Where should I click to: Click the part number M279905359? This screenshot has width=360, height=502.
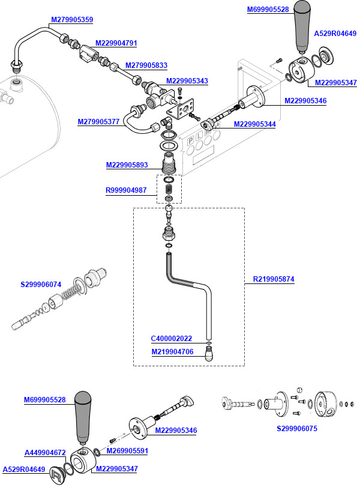point(71,20)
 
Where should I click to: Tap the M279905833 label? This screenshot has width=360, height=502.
point(146,65)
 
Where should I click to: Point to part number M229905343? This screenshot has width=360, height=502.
point(187,81)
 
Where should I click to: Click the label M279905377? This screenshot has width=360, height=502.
point(98,122)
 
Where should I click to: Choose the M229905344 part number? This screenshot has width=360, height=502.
point(254,124)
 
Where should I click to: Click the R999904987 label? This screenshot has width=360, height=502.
point(126,190)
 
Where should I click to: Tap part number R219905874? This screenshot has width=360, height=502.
point(274,279)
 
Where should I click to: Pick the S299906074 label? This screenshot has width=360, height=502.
point(41,285)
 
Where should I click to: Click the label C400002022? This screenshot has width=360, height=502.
point(172,339)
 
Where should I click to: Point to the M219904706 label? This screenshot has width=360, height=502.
point(172,352)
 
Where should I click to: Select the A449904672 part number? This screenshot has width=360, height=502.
point(45,453)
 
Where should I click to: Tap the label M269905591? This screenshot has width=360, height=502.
point(127,450)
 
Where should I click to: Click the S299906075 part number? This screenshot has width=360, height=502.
point(296,429)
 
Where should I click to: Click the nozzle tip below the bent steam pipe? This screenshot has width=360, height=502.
point(208,355)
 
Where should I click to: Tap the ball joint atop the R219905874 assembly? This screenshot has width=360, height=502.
point(170,212)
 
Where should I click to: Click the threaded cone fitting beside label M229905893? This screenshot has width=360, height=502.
point(169,163)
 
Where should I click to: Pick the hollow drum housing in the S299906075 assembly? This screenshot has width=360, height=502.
point(326,406)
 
